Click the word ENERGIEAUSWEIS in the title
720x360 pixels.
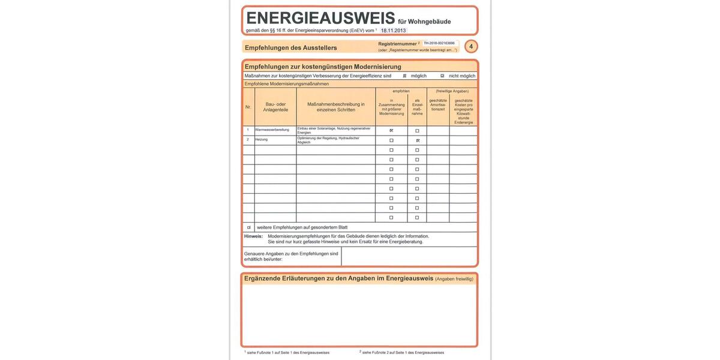(x=320, y=18)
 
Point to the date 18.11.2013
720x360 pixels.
(x=393, y=31)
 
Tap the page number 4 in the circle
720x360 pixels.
(x=471, y=47)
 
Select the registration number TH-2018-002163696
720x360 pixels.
(x=439, y=43)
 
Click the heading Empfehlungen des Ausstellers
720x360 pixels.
(x=291, y=48)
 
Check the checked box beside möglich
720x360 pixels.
(x=404, y=76)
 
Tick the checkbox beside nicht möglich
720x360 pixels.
(x=442, y=76)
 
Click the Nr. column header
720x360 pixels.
(x=248, y=107)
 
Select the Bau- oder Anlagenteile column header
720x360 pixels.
(x=275, y=107)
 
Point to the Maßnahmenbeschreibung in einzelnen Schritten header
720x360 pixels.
(x=336, y=107)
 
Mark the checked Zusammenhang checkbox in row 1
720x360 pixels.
(x=391, y=130)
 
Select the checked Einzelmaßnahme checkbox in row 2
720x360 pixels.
(x=417, y=140)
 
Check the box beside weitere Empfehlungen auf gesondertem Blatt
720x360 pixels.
(x=248, y=227)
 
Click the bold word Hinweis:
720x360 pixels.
(x=253, y=236)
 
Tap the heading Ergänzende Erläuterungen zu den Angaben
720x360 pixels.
(x=338, y=278)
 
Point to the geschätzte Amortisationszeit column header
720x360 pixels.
(x=438, y=104)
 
